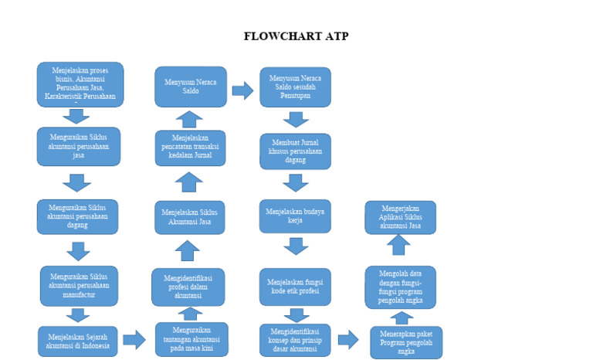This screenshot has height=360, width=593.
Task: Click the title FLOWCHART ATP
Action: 296,36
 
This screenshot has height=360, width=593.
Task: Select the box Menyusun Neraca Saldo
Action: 191,86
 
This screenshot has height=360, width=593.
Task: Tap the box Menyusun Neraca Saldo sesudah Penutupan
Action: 295,87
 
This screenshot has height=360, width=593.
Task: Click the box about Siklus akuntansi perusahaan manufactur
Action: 79,286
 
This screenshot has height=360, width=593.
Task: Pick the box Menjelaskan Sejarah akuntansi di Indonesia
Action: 78,341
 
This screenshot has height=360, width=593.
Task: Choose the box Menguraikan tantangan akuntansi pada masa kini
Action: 191,339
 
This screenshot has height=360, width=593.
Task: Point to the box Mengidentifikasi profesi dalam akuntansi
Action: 188,287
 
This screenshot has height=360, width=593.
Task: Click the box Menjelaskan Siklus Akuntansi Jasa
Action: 190,218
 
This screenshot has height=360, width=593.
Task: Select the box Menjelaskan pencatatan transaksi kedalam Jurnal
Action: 190,148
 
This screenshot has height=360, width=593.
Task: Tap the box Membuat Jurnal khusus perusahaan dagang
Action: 295,151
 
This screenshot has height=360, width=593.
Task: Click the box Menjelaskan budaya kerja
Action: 295,216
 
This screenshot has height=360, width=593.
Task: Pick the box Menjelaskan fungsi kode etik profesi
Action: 295,287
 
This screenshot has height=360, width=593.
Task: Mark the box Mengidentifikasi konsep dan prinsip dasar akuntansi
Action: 295,340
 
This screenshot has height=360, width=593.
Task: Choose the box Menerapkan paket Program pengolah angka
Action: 406,342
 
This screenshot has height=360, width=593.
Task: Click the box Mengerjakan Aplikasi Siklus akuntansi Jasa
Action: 400,217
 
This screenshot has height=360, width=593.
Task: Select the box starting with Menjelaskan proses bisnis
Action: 80,84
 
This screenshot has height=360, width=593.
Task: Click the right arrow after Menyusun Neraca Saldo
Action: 242,90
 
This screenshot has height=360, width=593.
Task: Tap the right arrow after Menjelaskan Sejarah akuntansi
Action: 134,339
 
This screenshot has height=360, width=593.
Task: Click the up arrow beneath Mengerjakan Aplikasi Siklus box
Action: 398,246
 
